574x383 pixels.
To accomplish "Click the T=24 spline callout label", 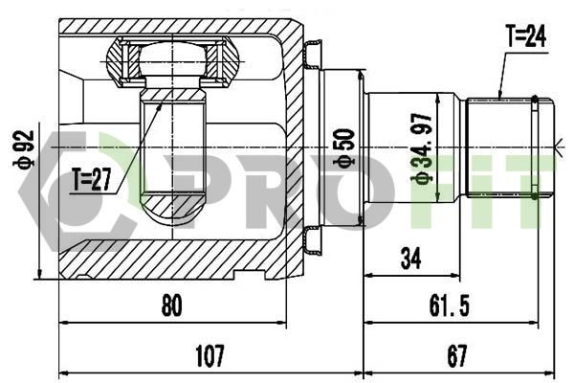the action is point(526,36).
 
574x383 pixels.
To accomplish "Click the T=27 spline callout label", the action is point(92,180).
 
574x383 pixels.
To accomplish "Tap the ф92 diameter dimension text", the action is point(23,149).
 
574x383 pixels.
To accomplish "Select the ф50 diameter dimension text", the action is point(344,148).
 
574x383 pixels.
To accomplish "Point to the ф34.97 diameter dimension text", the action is point(422,148).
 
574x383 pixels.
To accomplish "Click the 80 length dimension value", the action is point(171,305).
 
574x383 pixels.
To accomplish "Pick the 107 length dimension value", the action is point(210,355).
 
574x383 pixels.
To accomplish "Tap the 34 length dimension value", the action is point(410,258).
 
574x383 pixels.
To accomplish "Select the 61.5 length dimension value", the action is point(450,305).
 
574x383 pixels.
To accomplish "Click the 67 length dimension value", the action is point(457,355).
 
